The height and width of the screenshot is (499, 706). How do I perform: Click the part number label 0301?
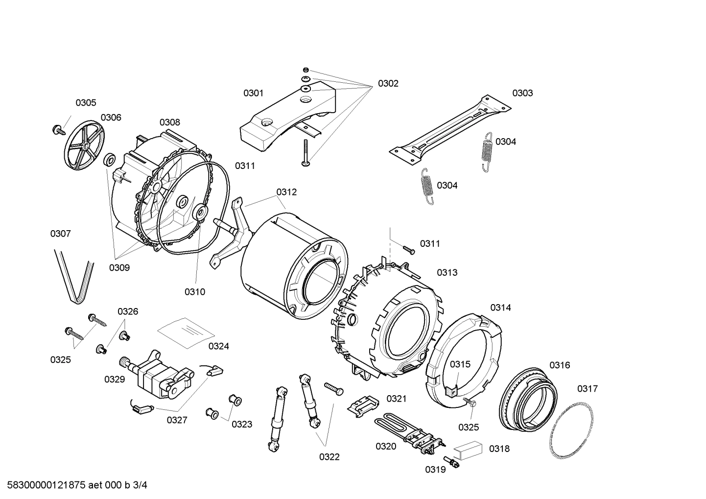pyautogui.click(x=254, y=93)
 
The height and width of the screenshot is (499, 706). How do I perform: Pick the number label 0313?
pyautogui.click(x=447, y=273)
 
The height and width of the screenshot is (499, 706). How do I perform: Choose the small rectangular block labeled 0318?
pyautogui.click(x=468, y=450)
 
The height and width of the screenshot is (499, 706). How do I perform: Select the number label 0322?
pyautogui.click(x=329, y=457)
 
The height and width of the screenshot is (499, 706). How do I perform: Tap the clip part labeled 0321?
pyautogui.click(x=363, y=406)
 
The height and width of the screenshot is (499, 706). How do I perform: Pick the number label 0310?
pyautogui.click(x=194, y=292)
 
